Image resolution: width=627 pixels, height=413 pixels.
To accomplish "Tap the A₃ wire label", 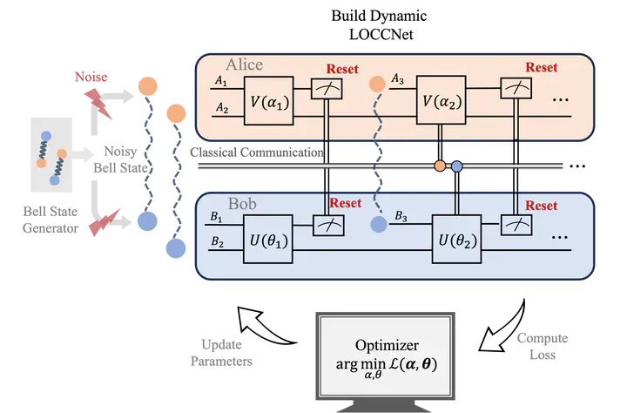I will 398,80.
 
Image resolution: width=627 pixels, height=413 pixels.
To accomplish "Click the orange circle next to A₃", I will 377,85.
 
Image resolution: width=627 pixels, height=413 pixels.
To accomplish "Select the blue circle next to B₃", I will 378,224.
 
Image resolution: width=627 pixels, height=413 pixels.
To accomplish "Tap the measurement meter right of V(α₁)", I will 327,88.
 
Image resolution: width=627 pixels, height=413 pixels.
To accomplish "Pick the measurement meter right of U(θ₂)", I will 517,224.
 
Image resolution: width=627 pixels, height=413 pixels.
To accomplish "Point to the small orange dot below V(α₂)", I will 441,166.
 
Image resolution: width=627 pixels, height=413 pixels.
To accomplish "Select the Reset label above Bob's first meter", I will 343,203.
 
